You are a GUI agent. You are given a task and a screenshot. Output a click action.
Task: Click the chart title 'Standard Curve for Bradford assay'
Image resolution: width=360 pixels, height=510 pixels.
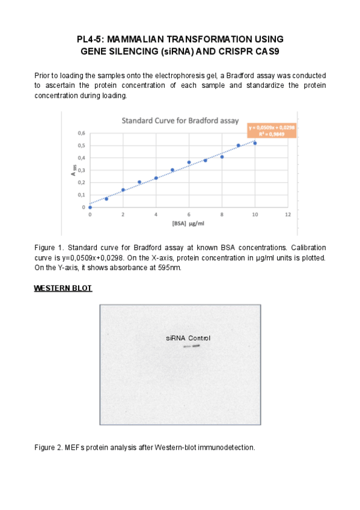180,121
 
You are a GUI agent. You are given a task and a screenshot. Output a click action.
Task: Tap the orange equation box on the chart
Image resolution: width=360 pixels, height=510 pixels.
272,131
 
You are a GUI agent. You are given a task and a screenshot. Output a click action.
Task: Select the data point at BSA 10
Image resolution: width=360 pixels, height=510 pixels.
255,143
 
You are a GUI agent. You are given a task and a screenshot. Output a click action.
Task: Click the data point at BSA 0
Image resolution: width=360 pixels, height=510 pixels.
90,207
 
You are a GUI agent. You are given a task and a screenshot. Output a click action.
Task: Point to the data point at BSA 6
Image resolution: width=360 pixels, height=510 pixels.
189,162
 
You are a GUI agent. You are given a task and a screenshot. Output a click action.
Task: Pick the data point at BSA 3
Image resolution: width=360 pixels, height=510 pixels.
139,182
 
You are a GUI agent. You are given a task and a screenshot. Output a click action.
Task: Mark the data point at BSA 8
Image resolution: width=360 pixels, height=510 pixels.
222,157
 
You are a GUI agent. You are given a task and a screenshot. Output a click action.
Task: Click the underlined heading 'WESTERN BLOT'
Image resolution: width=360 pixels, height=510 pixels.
63,289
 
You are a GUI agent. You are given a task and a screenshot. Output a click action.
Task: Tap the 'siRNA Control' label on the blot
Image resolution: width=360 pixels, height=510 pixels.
188,338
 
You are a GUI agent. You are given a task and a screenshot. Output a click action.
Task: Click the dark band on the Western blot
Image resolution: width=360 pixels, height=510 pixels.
196,345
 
